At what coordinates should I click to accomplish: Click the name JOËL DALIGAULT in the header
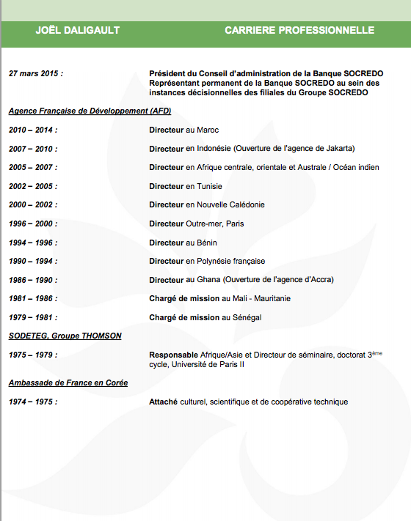point(77,31)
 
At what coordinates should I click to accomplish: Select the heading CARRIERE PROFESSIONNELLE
point(299,31)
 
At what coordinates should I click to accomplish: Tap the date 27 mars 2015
point(35,74)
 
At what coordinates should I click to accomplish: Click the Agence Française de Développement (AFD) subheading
point(89,111)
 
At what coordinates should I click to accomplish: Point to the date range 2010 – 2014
point(32,130)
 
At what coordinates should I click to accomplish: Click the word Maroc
point(208,130)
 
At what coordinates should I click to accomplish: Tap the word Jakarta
point(337,149)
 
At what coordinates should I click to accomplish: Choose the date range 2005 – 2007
point(32,168)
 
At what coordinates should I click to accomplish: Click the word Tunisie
point(209,187)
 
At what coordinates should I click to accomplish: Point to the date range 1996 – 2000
point(32,224)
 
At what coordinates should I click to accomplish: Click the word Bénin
point(207,243)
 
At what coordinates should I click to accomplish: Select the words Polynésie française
point(231,262)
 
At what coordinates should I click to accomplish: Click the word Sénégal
point(248,317)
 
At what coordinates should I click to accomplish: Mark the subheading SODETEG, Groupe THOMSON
point(65,336)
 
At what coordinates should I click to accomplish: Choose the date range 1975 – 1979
point(32,355)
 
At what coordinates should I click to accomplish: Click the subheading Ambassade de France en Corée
point(68,383)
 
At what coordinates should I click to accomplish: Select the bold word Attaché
point(165,402)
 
